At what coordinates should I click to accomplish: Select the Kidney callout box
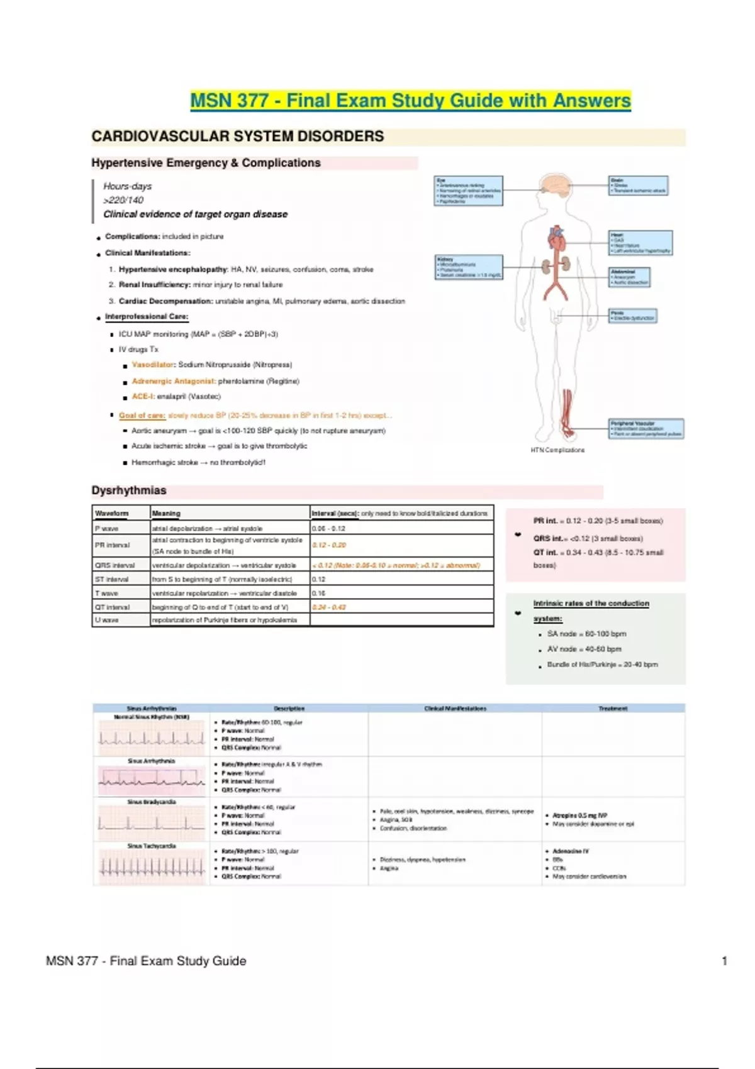469,267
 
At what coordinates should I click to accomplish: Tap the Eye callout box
469,191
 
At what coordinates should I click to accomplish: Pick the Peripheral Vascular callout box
646,428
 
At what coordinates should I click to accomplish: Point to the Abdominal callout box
629,277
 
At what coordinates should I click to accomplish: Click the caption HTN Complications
557,450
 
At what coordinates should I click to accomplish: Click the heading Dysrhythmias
129,490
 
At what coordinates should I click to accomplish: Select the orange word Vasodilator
153,365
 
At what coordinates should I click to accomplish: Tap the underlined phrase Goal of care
142,416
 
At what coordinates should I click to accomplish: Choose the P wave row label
107,529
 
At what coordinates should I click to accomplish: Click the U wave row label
107,620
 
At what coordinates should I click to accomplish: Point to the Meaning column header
166,513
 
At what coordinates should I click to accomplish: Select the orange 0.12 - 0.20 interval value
329,545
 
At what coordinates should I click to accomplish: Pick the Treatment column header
613,709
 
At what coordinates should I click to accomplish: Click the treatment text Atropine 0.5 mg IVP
579,816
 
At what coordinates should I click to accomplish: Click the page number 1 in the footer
725,961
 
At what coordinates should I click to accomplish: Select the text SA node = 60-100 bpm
586,634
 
